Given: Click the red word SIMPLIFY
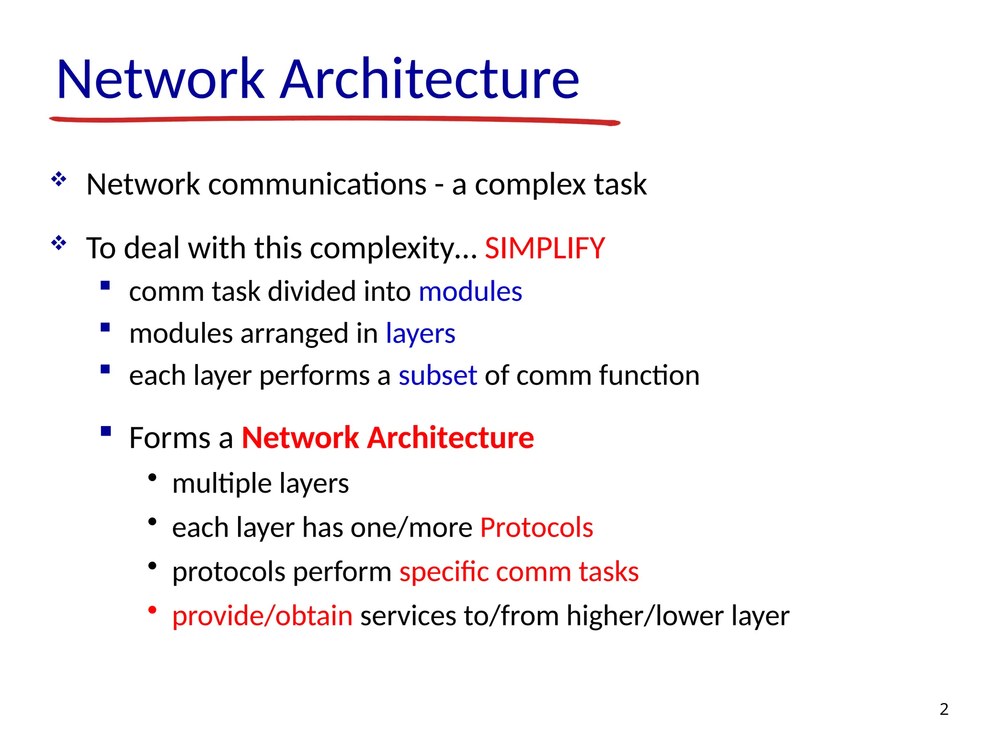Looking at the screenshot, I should coord(545,248).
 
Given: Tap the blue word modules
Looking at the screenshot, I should coord(470,291).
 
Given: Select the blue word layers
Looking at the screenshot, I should coord(420,333).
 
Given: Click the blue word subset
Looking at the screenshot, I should coord(437,375).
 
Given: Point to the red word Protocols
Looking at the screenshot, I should coord(536,528).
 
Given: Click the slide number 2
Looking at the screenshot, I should coord(944,709).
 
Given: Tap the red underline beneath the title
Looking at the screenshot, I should coord(335,119).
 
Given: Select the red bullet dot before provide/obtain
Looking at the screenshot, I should coord(152,610).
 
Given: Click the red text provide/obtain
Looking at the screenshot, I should coord(262,616).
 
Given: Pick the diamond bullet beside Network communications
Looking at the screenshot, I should coord(59,179).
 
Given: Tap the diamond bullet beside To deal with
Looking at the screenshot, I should coord(59,243).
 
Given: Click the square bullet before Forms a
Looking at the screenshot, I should coord(106,431).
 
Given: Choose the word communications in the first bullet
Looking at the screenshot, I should coord(317,184).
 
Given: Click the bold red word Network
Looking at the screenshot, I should coord(300,437).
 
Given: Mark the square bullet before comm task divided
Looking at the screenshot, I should coord(106,286).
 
